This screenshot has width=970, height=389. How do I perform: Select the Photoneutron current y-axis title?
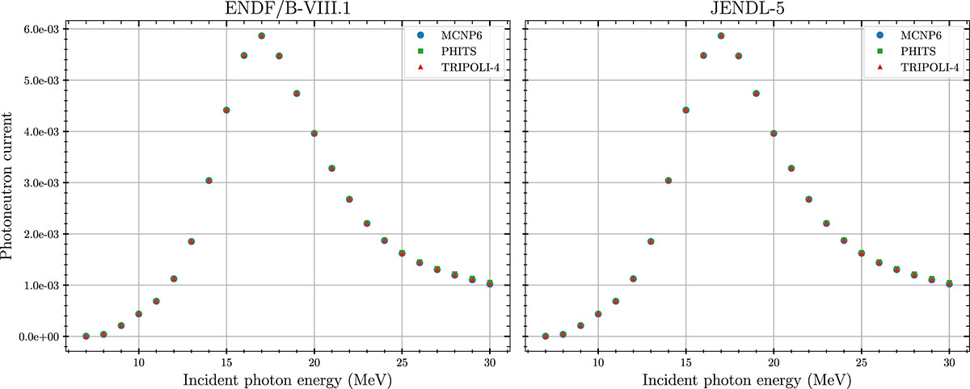[10, 182]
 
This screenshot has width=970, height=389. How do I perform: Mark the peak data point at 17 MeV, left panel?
[262, 36]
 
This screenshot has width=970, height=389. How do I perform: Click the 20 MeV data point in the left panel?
[314, 133]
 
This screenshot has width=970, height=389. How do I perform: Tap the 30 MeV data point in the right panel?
[949, 283]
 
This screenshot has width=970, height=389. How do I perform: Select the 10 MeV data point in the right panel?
[598, 314]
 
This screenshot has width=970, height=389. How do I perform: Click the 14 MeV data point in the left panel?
[209, 181]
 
